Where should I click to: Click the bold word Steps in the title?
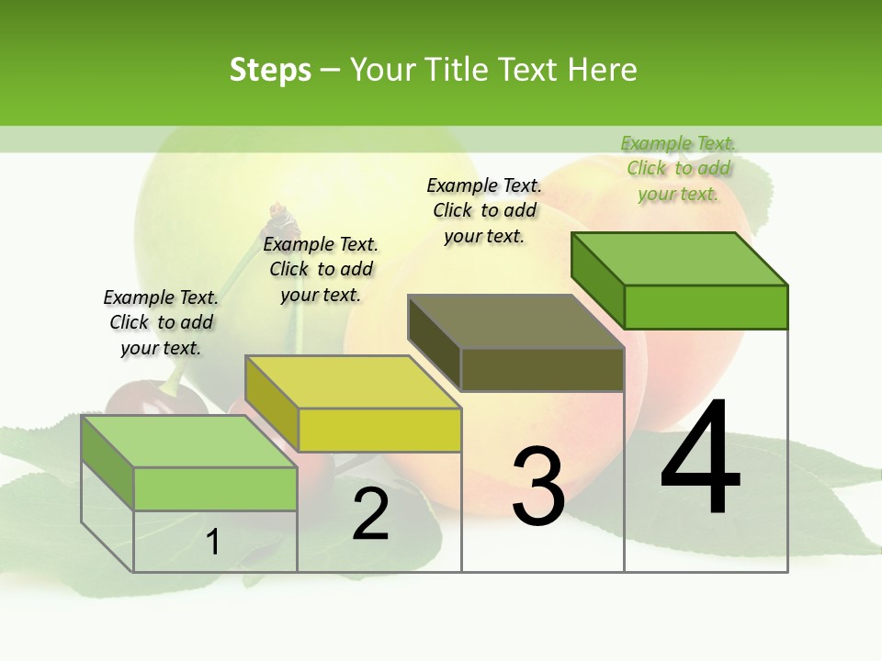(x=270, y=70)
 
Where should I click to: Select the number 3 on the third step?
(x=538, y=487)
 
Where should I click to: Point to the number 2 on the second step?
(x=371, y=514)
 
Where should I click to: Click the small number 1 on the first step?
(x=213, y=542)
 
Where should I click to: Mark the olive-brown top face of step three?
(x=515, y=321)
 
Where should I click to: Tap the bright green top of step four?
(x=679, y=258)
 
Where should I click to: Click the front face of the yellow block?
(x=379, y=430)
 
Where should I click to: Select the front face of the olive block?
(x=542, y=369)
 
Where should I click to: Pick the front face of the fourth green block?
(x=706, y=307)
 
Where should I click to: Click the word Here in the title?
(x=602, y=70)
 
